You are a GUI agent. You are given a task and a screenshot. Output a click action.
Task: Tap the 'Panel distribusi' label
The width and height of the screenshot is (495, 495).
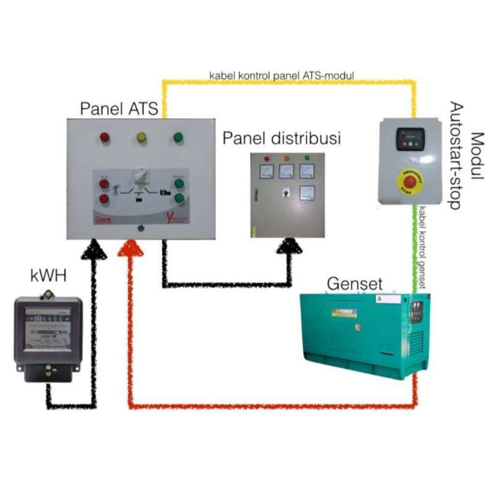coord(282,138)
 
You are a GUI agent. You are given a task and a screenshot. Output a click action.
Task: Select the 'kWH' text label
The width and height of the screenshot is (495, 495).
coord(47,274)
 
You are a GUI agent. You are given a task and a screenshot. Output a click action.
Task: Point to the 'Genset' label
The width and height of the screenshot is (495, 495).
coord(355,284)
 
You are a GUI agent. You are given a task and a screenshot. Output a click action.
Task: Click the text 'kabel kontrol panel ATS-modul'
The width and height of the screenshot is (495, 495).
coord(282,76)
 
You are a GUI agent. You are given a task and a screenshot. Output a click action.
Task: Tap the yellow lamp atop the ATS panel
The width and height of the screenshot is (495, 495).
coord(141,137)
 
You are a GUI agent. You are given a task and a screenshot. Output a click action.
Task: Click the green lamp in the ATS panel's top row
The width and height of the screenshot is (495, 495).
coord(178,137)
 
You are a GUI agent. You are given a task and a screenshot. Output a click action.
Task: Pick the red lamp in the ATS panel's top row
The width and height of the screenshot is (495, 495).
coord(104,137)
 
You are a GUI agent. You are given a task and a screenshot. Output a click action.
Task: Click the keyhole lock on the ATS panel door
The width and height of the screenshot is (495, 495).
coord(142,227)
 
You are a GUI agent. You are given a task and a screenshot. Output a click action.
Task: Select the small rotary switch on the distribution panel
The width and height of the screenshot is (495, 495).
coord(286,192)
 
